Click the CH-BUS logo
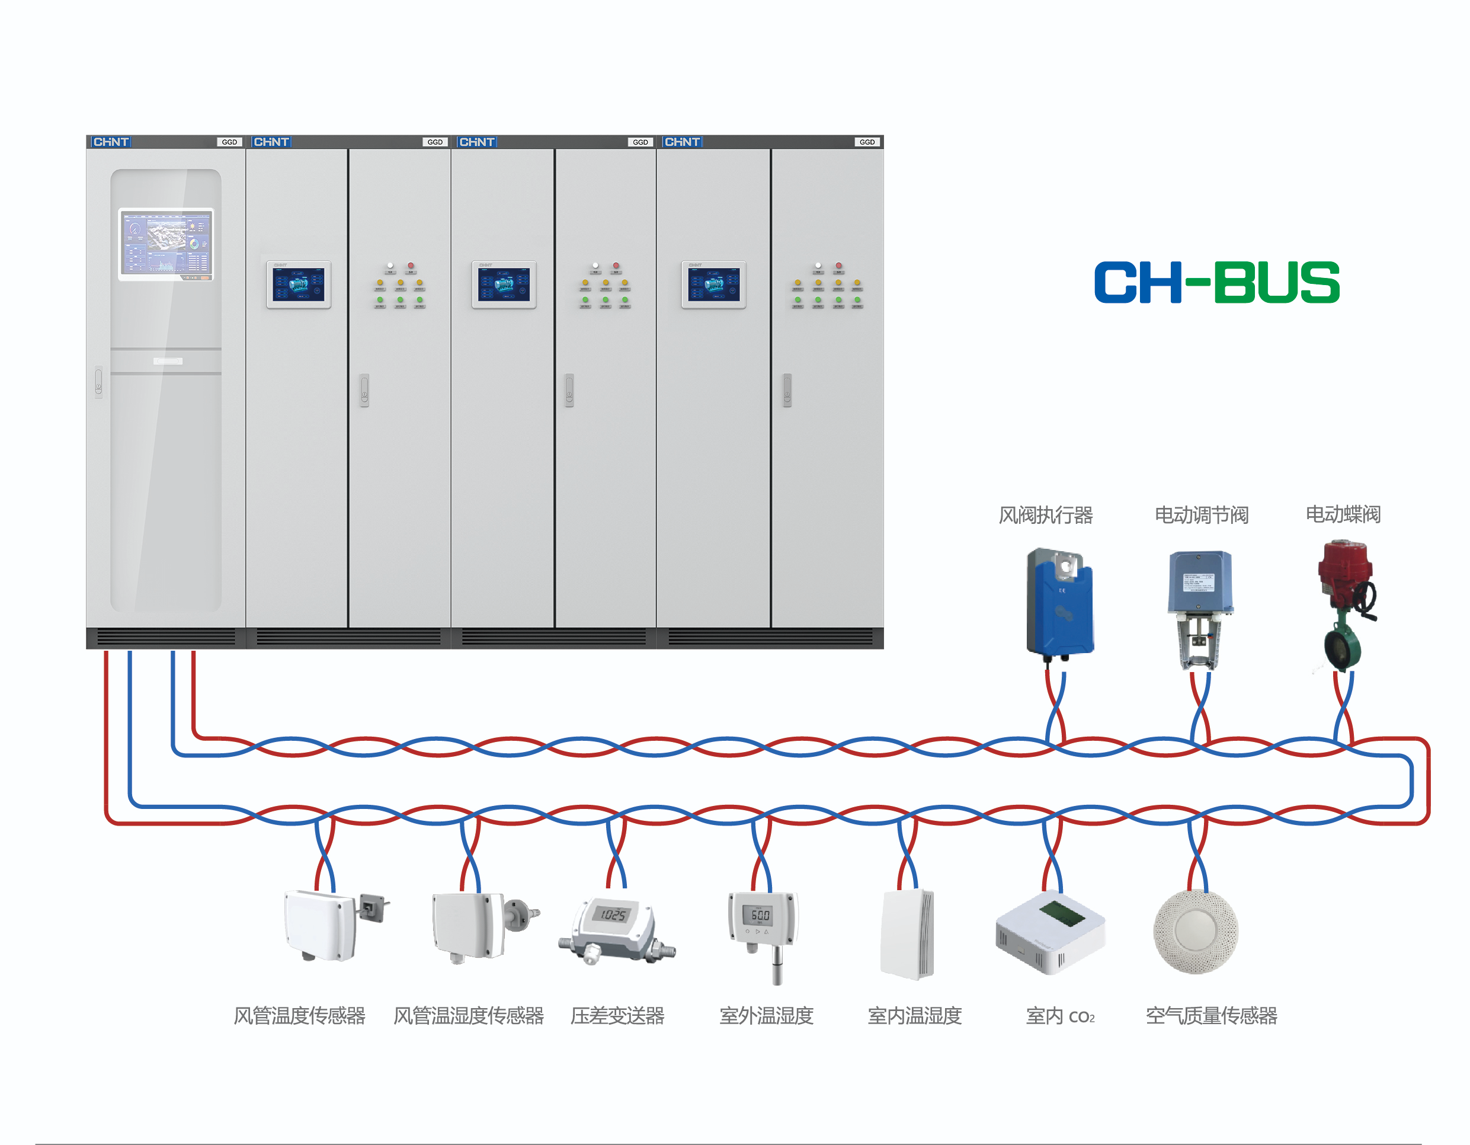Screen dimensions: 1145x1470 pos(1216,283)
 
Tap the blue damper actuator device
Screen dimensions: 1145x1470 pos(1059,603)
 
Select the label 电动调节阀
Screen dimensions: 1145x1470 pos(1202,515)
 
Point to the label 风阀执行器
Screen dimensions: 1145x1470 pos(1045,515)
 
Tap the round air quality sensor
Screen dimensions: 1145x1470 pos(1196,932)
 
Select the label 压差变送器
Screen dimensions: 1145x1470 pos(617,1015)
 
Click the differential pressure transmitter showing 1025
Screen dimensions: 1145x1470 pos(614,926)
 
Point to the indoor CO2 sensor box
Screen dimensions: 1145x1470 pos(1050,932)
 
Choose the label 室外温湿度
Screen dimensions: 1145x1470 pos(767,1015)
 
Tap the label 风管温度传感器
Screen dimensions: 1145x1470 pos(300,1015)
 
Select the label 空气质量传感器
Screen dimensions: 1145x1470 pos(1212,1015)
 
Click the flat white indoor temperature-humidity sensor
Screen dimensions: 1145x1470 pos(907,934)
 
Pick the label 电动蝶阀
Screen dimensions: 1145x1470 pos(1343,514)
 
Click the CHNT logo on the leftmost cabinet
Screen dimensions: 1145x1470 pos(111,142)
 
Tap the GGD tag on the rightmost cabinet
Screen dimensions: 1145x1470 pos(867,142)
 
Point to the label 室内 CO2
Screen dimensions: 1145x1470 pos(1060,1016)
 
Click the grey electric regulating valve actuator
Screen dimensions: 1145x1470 pos(1200,606)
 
